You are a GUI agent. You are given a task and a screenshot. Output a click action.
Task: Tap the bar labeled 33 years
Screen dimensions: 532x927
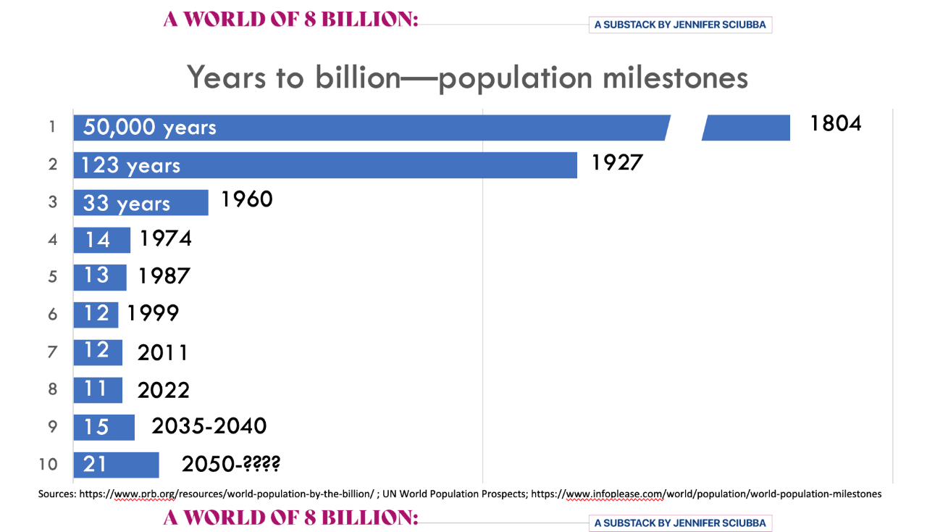coord(140,203)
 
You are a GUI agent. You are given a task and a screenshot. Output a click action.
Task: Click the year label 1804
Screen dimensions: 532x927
coord(835,123)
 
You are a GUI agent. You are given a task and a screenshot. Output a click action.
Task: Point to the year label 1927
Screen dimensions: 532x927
coord(617,162)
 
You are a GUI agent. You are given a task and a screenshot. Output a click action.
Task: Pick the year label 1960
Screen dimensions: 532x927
coord(246,199)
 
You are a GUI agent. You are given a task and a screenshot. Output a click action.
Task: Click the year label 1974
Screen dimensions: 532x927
coord(165,238)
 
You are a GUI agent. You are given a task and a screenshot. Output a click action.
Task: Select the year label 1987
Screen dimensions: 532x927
coord(164,276)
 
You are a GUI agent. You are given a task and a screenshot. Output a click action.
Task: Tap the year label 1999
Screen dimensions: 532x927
coord(153,313)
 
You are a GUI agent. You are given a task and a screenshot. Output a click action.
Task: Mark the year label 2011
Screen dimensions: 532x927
coord(163,352)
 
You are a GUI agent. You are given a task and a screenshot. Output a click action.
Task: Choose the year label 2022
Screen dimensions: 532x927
coord(163,391)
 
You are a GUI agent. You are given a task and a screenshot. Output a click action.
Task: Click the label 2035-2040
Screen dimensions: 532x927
coord(209,426)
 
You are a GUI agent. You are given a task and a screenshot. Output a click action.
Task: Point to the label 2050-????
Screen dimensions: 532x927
coord(230,464)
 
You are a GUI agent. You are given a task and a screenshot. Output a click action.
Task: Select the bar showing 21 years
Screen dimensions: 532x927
coord(116,465)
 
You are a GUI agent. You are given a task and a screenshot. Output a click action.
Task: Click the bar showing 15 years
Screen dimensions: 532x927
coord(104,427)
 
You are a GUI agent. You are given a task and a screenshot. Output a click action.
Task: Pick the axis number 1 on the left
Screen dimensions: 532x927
coord(52,127)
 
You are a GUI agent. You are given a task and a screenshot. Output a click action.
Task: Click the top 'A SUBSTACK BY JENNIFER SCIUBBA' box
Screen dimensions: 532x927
coord(680,25)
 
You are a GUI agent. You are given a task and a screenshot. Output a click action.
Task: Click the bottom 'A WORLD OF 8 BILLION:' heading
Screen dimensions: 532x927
coord(290,518)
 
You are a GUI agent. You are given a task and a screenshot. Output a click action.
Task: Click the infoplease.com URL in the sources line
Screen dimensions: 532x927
coord(706,494)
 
